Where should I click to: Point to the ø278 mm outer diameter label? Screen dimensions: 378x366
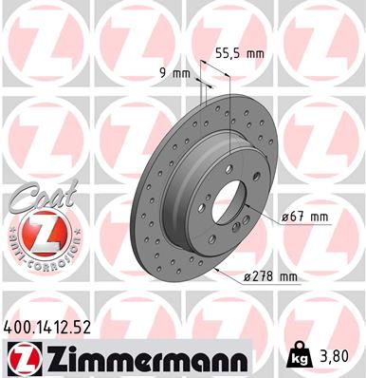click(270, 277)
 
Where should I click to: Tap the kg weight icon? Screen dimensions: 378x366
click(300, 359)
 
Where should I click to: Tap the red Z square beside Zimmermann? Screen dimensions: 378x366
click(21, 357)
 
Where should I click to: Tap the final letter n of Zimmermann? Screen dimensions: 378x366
click(238, 360)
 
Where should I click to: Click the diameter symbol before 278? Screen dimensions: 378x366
click(247, 277)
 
